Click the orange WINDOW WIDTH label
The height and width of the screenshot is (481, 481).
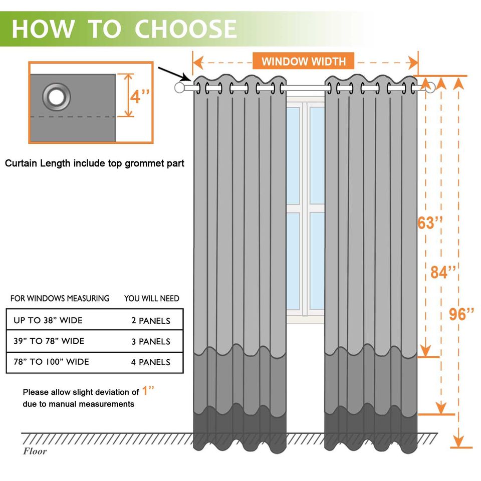point(303,62)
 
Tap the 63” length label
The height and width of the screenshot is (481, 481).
point(430,223)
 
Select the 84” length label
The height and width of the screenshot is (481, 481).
point(443,272)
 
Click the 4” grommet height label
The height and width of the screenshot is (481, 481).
point(142,96)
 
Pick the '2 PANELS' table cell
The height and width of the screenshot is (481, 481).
point(150,321)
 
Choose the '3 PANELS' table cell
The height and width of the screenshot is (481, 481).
point(150,342)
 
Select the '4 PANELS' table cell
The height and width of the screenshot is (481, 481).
point(150,362)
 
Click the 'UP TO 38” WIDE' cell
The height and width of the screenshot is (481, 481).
point(48,320)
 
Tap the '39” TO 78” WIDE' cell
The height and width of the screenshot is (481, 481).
point(49,341)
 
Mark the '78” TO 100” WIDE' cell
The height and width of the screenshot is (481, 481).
point(51,362)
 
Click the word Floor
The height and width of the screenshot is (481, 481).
point(35,451)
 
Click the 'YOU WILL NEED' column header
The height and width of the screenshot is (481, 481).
point(151,299)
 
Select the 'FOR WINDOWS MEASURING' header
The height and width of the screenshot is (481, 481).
point(60,299)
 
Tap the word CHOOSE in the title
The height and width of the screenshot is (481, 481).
point(185,29)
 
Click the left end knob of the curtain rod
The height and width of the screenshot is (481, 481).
point(179,88)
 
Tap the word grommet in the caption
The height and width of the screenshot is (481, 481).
point(138,163)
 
